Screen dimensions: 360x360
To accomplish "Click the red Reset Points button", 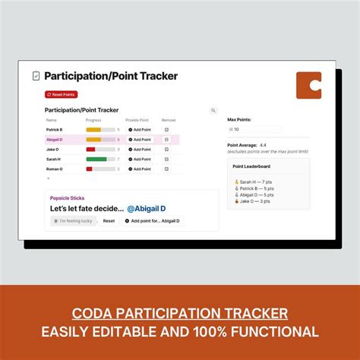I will point(61,94).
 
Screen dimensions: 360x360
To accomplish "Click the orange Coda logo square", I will point(308,85).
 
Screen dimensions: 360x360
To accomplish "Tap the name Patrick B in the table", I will point(54,130).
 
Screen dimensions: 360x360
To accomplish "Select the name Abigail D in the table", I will point(55,140).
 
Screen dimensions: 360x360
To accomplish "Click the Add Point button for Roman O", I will point(139,169).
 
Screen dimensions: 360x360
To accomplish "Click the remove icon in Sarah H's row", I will point(166,159).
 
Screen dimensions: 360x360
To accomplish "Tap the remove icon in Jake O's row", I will point(166,150).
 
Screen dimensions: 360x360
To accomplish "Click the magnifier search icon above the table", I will point(213,111).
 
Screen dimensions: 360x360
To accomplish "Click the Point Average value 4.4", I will point(263,144).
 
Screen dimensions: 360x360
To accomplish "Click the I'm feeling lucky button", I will point(73,220).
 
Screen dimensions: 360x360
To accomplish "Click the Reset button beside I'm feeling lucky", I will point(109,220).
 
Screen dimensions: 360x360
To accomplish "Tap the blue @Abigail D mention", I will point(146,208).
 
